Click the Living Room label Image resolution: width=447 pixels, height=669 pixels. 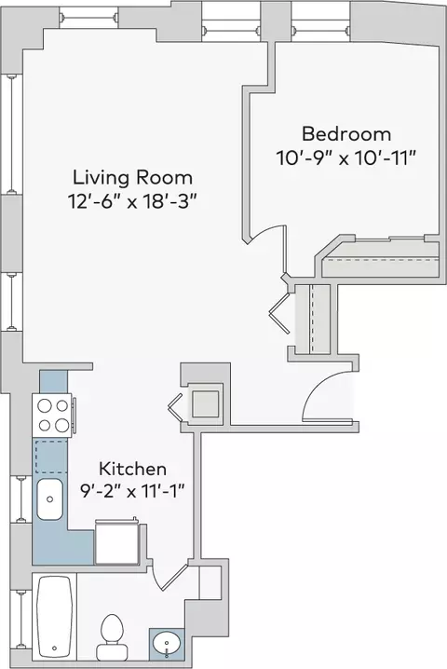[x=132, y=177]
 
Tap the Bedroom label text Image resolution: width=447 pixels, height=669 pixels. [x=346, y=134]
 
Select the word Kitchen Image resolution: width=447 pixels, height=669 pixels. [x=132, y=469]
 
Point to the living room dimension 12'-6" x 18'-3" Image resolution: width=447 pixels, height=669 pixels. [x=133, y=200]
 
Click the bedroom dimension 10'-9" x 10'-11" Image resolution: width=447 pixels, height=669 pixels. [x=346, y=157]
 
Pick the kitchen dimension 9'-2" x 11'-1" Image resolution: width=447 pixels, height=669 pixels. [x=132, y=492]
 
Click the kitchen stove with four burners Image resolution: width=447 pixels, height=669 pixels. [x=53, y=416]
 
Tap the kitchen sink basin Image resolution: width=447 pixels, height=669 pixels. [x=50, y=499]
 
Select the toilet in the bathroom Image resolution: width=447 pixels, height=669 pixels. [x=112, y=637]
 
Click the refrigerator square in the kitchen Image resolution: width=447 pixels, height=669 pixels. [x=116, y=542]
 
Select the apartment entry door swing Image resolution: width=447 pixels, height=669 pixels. [x=325, y=392]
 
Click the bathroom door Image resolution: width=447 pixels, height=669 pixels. [x=172, y=578]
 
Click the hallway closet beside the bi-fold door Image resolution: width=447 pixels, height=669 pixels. [x=313, y=319]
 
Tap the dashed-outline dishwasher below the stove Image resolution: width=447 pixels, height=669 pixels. [x=51, y=457]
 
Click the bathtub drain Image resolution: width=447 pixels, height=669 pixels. [x=54, y=649]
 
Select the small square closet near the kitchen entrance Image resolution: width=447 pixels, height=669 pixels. [x=206, y=403]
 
